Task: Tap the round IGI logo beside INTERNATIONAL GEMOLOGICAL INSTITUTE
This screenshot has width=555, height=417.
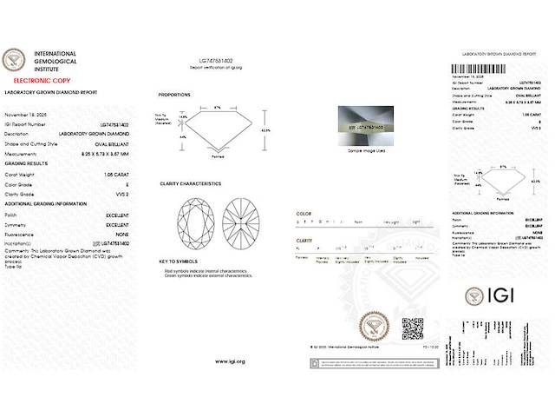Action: [16, 59]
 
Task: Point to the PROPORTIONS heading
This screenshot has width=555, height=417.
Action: [174, 94]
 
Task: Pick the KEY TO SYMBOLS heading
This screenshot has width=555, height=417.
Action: [179, 261]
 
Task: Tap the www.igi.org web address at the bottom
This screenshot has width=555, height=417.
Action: [230, 361]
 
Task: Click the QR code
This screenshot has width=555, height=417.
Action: [413, 329]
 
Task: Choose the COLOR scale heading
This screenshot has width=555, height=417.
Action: [304, 213]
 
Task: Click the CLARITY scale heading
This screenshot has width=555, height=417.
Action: [305, 240]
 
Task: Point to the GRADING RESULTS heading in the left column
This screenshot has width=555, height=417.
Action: [26, 162]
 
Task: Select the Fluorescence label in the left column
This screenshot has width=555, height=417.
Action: [21, 235]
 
